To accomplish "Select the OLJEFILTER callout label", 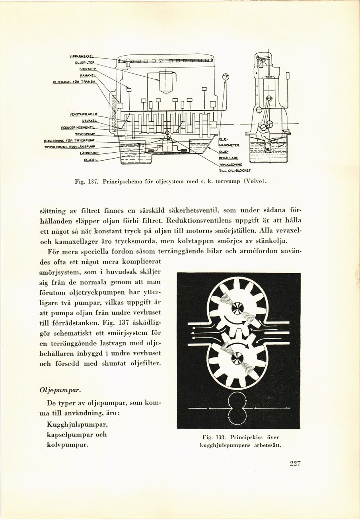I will (84, 63).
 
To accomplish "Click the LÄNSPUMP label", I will (89, 153).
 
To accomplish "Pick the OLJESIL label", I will (91, 160).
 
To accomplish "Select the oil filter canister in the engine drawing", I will (166, 81).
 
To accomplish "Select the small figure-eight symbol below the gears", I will (238, 408).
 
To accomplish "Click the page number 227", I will (295, 463).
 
